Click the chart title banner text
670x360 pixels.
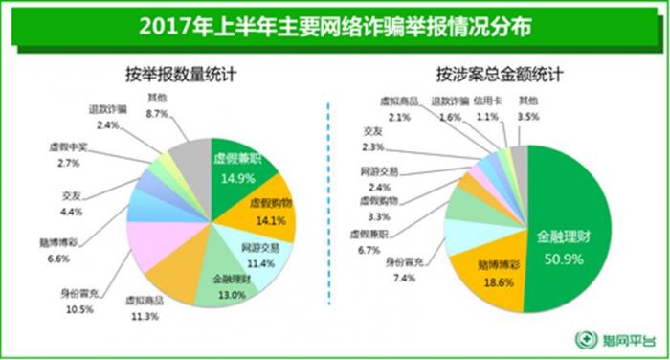335,24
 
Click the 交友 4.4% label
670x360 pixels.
70,202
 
